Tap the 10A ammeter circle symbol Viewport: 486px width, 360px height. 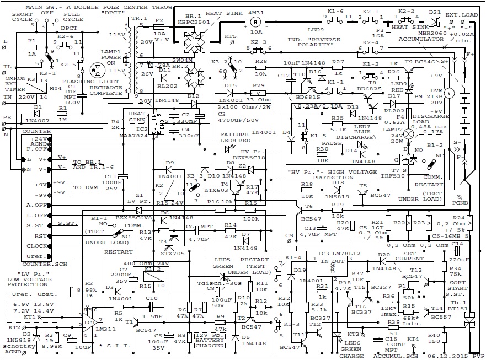pos(255,22)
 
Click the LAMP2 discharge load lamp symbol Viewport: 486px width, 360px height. pos(408,133)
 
